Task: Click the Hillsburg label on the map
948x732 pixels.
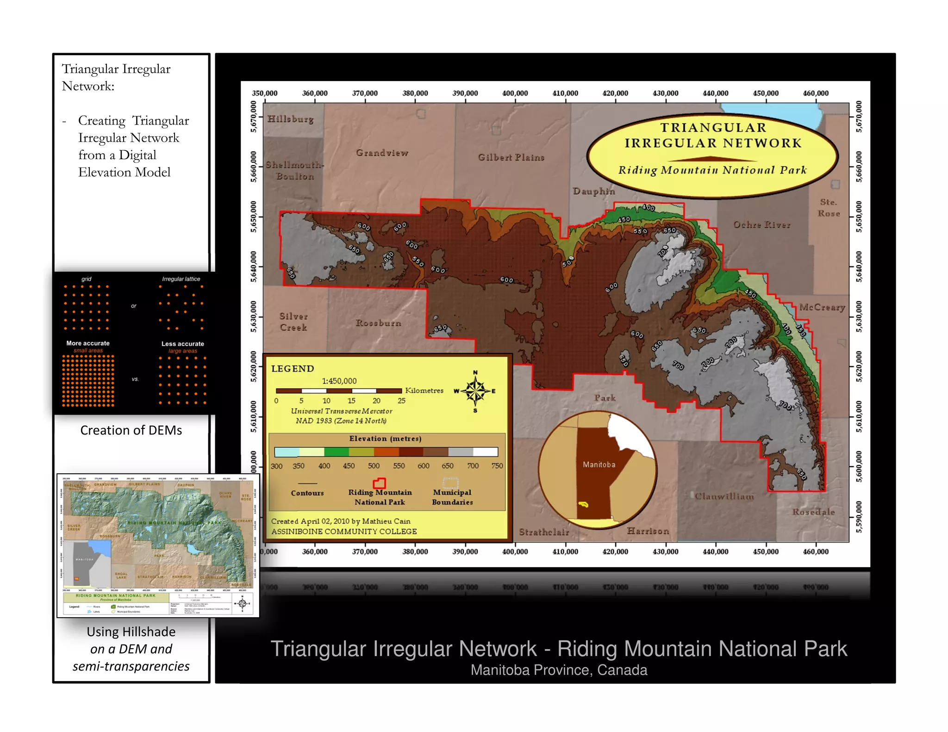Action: tap(290, 119)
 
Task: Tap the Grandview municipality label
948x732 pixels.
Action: tap(382, 153)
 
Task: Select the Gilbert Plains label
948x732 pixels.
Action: tap(511, 157)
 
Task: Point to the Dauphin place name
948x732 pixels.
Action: tap(594, 191)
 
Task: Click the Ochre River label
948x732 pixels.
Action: tap(761, 225)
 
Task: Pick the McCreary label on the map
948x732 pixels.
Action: tap(822, 307)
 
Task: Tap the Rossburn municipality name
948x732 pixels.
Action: tap(378, 323)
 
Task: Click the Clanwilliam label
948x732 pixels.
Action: tap(724, 496)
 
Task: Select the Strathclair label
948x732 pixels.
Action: tap(544, 532)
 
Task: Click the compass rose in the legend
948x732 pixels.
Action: tap(475, 391)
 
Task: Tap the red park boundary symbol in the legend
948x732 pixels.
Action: tap(379, 484)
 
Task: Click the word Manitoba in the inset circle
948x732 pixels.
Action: tap(599, 465)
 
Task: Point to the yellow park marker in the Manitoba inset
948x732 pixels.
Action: tap(584, 504)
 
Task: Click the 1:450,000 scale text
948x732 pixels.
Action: tap(339, 381)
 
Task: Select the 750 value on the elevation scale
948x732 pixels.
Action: tap(497, 466)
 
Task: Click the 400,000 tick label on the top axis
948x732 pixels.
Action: tap(515, 93)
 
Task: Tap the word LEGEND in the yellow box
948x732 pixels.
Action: tap(293, 369)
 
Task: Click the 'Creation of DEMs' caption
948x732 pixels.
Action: tap(131, 430)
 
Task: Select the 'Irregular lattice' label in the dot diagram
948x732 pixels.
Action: tap(181, 279)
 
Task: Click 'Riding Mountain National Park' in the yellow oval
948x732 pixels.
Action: tap(712, 170)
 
